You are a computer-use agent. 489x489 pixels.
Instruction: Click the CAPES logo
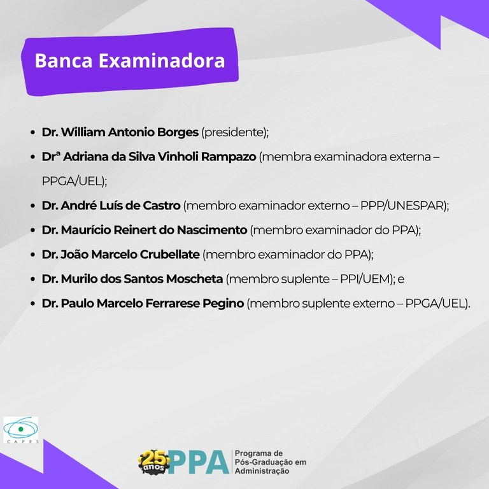[x=20, y=431]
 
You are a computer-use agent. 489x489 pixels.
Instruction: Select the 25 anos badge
[x=154, y=460]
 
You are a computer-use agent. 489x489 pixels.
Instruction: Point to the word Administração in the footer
[x=262, y=472]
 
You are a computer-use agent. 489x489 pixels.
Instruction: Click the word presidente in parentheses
[x=233, y=133]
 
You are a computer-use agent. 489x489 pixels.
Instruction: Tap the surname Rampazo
[x=229, y=157]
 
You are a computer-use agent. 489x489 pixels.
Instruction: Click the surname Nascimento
[x=214, y=230]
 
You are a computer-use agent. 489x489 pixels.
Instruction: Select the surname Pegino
[x=223, y=304]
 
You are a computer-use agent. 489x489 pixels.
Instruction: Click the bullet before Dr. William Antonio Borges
[x=32, y=134]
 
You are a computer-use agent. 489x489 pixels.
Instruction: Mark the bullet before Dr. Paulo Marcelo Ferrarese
[x=32, y=304]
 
